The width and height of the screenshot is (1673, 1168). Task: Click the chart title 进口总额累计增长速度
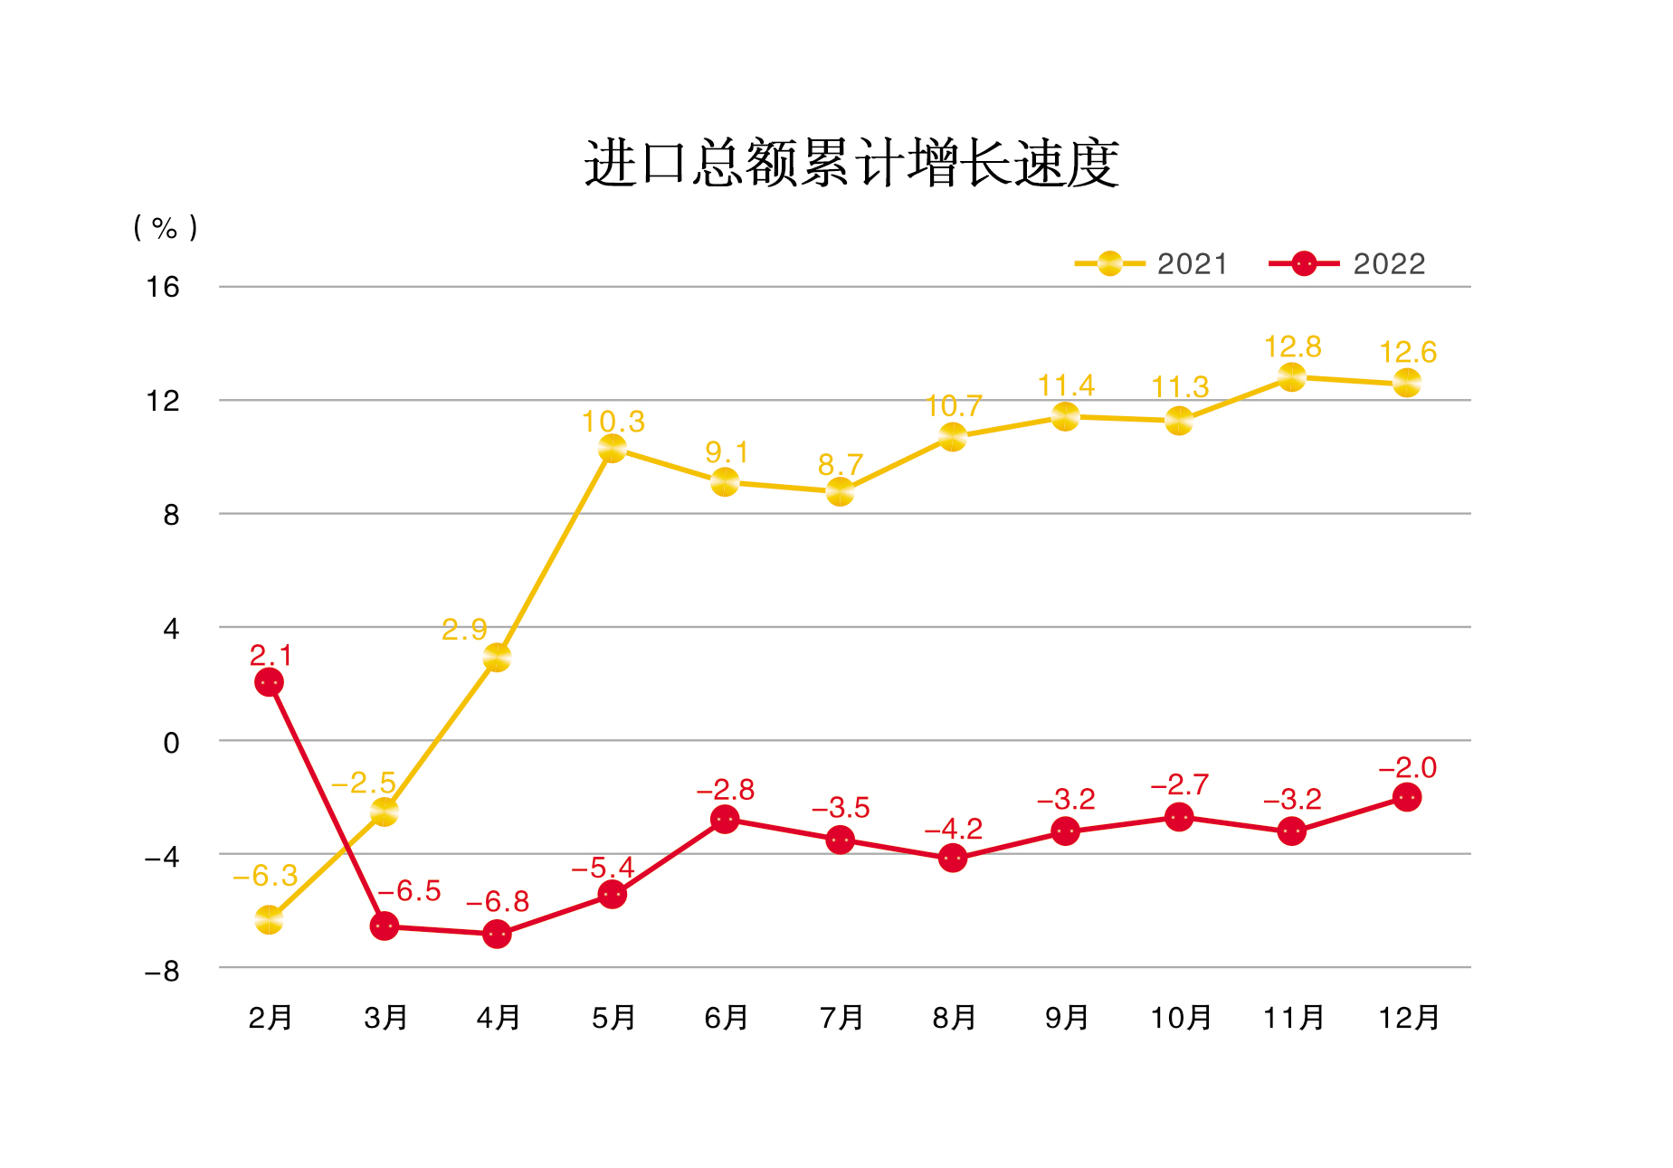pos(851,164)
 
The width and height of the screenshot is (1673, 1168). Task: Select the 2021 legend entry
pos(1151,264)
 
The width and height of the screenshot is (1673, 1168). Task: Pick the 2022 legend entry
pos(1347,264)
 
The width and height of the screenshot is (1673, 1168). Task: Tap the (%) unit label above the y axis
pos(165,227)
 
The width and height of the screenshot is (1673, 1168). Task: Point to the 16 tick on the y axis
pos(163,288)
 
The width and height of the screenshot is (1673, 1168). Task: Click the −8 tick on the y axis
pos(162,972)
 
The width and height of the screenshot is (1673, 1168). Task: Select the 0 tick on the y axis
pos(171,743)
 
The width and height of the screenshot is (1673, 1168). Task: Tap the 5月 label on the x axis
pos(613,1018)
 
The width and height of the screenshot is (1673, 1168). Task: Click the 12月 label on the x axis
pos(1408,1018)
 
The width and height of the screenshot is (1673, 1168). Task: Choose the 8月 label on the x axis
pos(954,1018)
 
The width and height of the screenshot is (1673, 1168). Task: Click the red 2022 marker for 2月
pos(269,681)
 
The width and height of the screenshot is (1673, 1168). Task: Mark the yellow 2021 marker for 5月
pos(613,447)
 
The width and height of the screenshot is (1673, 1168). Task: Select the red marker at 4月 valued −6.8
pos(497,934)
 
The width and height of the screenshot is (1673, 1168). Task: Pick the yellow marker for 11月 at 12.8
pos(1292,376)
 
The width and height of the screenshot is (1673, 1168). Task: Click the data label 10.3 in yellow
pos(613,422)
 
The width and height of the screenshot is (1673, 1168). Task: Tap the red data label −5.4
pos(603,868)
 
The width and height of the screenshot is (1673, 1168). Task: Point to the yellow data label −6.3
pos(265,876)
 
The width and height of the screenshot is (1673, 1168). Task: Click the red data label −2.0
pos(1407,768)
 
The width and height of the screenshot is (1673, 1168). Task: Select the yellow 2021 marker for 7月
pos(841,491)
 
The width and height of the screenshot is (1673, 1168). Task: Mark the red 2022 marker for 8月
pos(953,858)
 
